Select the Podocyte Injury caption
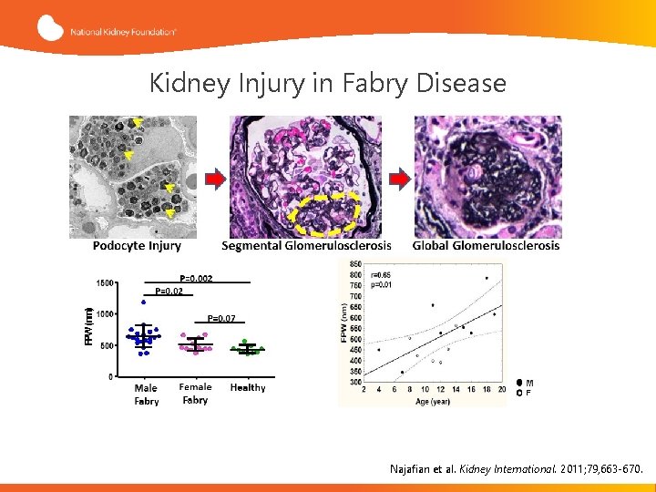[x=137, y=246]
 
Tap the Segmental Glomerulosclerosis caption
[x=306, y=246]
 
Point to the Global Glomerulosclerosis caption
[x=487, y=246]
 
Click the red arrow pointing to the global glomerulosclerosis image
[x=398, y=179]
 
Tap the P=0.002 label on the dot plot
[x=196, y=278]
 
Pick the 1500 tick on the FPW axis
[x=105, y=283]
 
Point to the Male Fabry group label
[x=146, y=395]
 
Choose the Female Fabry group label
[x=195, y=394]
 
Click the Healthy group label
[x=248, y=388]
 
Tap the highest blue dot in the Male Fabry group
[x=143, y=302]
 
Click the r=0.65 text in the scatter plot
[x=382, y=274]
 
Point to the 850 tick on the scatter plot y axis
[x=354, y=264]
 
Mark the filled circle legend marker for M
[x=519, y=384]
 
